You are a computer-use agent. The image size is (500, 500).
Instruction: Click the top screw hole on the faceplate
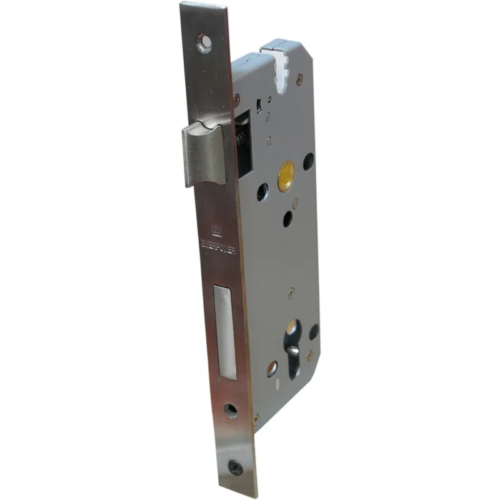point(203,42)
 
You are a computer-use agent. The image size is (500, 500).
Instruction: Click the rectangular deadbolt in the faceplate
point(224,331)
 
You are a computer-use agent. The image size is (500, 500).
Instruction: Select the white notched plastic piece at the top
point(279,62)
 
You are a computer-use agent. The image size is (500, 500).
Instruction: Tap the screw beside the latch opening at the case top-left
point(236,97)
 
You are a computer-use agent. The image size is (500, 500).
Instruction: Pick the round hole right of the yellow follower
point(308,161)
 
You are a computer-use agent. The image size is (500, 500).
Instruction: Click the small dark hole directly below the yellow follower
point(287,218)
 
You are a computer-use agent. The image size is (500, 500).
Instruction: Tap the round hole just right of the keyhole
point(313,331)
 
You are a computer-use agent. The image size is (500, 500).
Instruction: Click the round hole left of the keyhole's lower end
point(272,369)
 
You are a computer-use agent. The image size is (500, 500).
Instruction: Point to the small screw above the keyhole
point(290,291)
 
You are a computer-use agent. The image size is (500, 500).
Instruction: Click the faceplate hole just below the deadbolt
point(231,411)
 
